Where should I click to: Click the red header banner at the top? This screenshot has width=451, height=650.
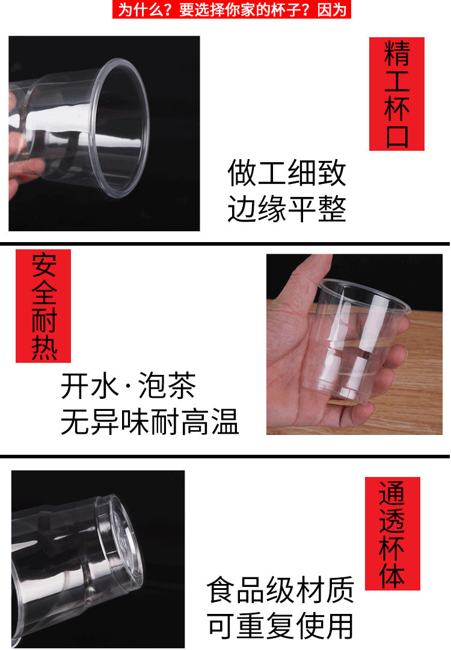[x=232, y=10]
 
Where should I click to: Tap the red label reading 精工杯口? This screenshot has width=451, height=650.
[x=396, y=94]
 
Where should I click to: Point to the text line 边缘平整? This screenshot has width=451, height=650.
[x=287, y=210]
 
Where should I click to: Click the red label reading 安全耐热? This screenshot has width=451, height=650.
[x=43, y=306]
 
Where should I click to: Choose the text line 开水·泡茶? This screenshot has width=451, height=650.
[x=129, y=386]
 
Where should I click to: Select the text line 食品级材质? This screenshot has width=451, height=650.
[x=280, y=591]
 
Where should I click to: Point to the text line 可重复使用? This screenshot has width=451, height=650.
[x=280, y=626]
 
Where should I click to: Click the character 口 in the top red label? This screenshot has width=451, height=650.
[x=396, y=135]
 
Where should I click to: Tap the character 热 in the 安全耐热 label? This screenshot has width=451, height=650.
[x=43, y=347]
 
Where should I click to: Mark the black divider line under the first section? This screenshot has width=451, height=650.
[x=225, y=243]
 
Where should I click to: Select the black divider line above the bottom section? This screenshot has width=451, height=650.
[x=225, y=457]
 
